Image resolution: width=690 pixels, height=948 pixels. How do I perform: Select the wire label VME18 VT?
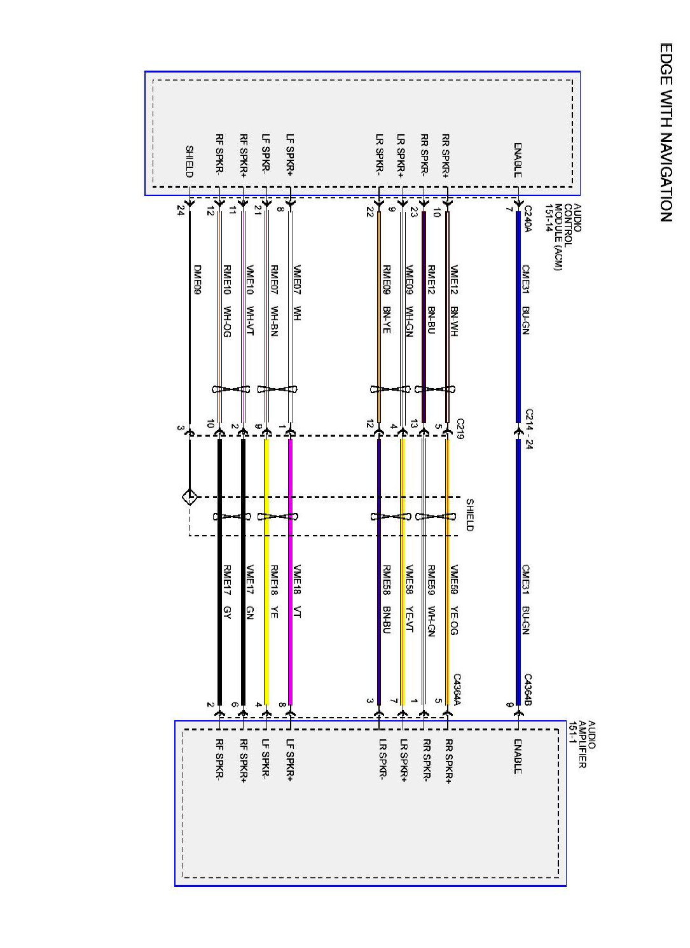click(297, 591)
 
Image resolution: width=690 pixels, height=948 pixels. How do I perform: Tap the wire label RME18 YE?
click(274, 591)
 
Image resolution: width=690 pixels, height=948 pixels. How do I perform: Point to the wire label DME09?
click(197, 280)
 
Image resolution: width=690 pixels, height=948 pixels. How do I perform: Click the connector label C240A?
click(527, 219)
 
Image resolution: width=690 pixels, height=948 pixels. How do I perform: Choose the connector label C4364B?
click(528, 690)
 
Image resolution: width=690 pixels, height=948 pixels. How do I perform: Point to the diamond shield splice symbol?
click(190, 497)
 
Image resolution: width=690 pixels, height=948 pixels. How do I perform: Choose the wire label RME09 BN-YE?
click(386, 300)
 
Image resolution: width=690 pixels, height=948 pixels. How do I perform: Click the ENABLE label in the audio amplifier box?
click(518, 756)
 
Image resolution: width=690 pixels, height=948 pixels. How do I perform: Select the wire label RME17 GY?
click(227, 591)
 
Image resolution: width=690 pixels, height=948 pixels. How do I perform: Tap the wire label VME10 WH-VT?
click(250, 300)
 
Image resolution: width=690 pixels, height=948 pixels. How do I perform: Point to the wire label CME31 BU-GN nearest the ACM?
click(525, 299)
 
